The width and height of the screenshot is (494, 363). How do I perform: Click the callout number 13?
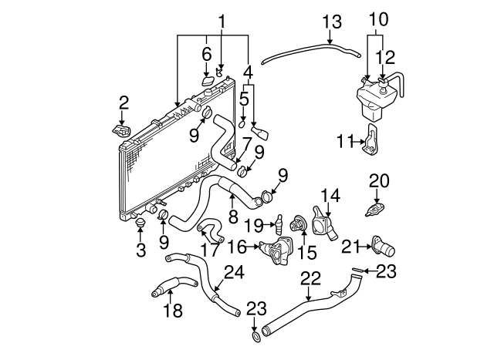pos(332,22)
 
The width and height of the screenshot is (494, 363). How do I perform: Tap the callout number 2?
pos(123,103)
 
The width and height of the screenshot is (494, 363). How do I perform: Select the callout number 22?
pos(310,278)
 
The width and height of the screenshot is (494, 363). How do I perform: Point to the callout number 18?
pos(173,310)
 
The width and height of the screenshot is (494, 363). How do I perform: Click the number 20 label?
pos(379,181)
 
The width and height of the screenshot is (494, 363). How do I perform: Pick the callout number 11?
pos(346,141)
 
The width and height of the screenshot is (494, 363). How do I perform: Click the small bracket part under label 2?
pos(122,130)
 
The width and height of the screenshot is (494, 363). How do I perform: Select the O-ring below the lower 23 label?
pos(257,338)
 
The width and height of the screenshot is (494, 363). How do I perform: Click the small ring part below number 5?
pos(242,124)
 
